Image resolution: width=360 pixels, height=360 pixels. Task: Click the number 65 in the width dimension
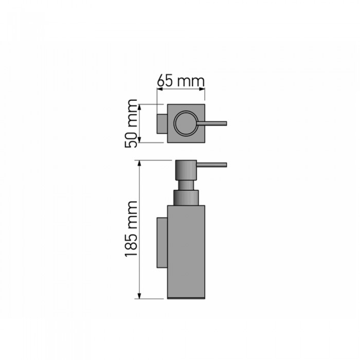[x=165, y=81]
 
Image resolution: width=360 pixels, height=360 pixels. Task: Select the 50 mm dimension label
[x=131, y=123]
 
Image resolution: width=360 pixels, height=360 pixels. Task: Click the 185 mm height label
[x=131, y=229]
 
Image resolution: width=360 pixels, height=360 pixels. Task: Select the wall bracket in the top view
[x=161, y=123]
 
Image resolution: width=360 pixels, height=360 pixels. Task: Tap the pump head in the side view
[x=186, y=169]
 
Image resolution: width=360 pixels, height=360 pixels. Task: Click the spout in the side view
[x=212, y=165]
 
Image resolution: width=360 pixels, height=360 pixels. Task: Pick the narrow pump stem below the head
[x=186, y=185]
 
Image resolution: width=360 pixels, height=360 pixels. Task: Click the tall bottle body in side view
[x=186, y=252]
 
